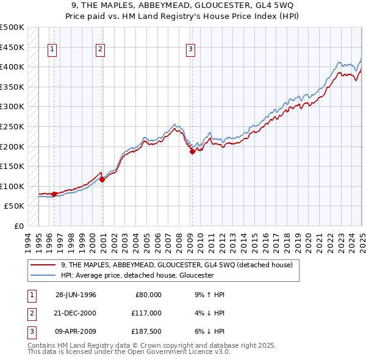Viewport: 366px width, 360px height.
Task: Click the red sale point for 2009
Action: (192, 152)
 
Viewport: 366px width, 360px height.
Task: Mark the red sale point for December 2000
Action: (102, 179)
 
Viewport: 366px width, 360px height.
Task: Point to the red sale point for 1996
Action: (54, 194)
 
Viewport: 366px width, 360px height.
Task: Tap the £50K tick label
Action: (15, 206)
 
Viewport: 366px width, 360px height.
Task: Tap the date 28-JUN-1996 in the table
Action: (76, 295)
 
